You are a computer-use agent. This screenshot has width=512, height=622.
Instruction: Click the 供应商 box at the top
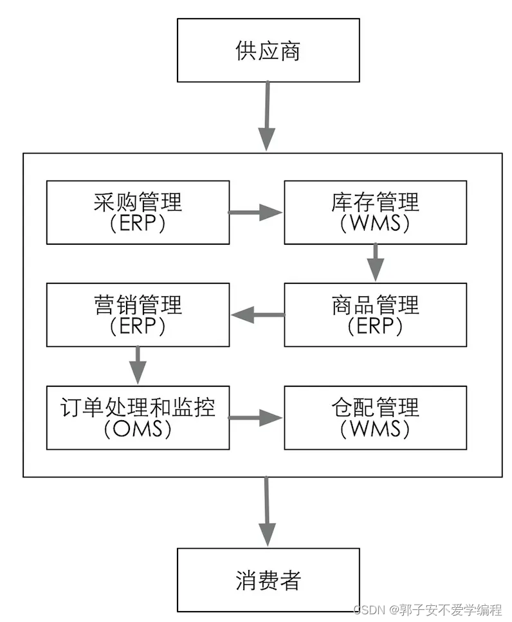(268, 50)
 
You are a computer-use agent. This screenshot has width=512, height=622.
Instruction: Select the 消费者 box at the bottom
(268, 580)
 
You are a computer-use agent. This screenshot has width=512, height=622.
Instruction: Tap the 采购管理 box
(138, 212)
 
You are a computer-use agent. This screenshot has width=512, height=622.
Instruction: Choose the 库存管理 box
(376, 212)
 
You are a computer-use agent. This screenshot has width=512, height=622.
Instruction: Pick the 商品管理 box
(376, 315)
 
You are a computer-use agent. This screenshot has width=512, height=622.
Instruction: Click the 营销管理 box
(138, 315)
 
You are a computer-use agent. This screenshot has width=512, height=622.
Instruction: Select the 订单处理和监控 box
(138, 418)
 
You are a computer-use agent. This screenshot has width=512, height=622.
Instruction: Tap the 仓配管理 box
(376, 418)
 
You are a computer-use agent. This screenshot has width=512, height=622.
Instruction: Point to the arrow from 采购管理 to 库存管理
(256, 212)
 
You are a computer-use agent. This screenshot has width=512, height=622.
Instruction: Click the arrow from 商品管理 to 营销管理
(257, 315)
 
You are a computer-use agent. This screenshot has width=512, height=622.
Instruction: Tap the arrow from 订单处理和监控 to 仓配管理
(256, 418)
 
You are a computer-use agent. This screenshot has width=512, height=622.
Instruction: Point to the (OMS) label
(138, 429)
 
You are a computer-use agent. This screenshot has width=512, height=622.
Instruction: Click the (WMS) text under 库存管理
(376, 223)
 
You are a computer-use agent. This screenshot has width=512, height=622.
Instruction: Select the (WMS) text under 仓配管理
(376, 429)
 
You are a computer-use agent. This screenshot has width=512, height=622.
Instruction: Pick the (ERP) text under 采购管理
(138, 223)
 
